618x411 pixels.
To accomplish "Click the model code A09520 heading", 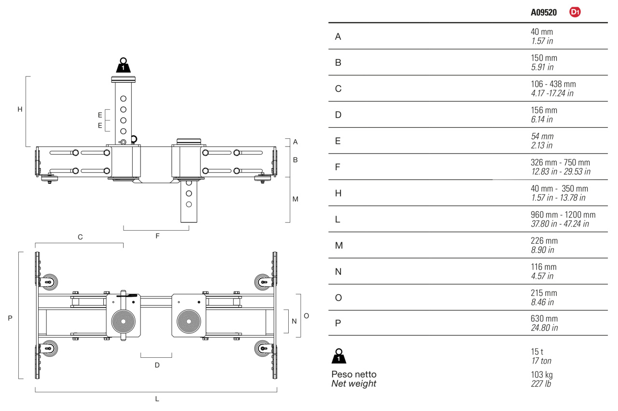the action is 544,13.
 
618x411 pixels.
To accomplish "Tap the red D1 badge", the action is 575,12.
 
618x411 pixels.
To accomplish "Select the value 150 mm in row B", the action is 544,58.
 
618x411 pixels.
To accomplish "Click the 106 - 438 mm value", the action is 553,84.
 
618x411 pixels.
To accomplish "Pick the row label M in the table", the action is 339,246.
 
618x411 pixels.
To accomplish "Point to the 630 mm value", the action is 544,319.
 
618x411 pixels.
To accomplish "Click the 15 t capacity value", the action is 537,352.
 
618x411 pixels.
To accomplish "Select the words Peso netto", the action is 354,374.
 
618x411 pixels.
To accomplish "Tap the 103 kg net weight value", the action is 542,375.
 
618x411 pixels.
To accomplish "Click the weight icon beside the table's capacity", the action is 339,356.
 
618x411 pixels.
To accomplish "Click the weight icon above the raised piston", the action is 123,65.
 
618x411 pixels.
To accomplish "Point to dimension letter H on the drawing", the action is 20,109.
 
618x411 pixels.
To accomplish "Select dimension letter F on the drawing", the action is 157,236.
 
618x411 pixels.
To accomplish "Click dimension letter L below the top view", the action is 157,399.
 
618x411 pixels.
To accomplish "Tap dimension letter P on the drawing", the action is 10,318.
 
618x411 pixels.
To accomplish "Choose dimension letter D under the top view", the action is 157,365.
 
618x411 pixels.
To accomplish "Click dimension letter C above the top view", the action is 80,237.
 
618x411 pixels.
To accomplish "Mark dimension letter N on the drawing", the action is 295,321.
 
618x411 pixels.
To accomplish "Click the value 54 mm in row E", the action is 542,136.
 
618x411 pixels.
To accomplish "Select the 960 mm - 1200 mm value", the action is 563,215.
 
